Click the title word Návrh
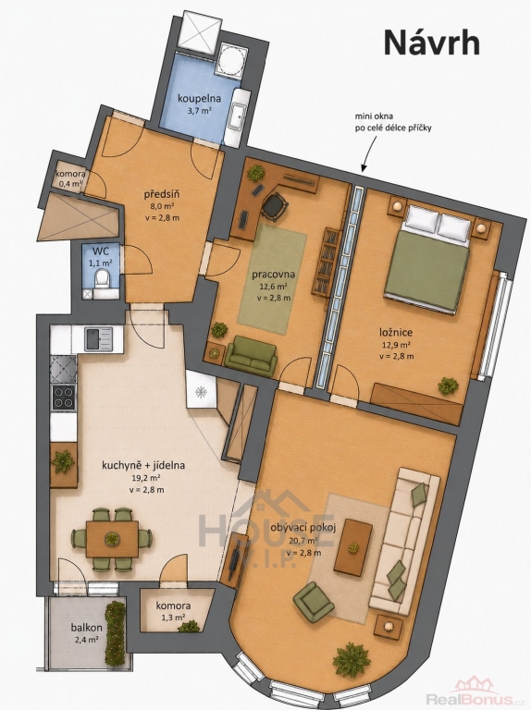click(x=431, y=43)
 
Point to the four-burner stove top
click(x=64, y=398)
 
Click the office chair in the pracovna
click(x=274, y=205)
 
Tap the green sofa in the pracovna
click(x=251, y=356)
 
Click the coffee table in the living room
click(x=353, y=547)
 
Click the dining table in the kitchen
click(x=112, y=538)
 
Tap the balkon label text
click(x=86, y=628)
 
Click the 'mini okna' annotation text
click(x=374, y=116)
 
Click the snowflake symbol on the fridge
click(x=200, y=392)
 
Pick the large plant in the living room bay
click(x=352, y=659)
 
